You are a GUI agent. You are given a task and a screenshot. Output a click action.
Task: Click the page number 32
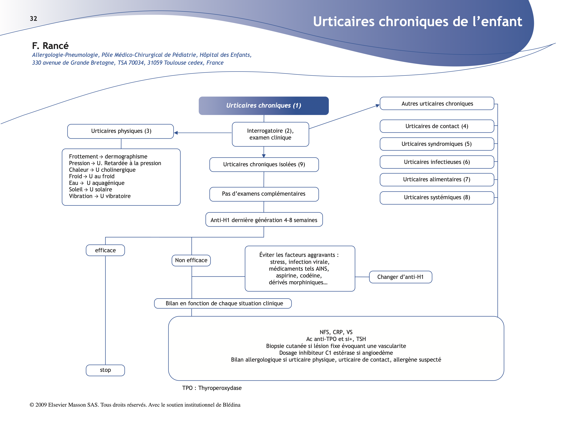tap(33, 19)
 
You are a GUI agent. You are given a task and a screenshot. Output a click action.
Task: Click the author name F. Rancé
tap(50, 46)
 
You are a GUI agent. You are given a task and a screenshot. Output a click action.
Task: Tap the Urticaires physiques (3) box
tap(121, 131)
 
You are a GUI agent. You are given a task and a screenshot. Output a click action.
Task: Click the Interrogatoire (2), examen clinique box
tap(270, 134)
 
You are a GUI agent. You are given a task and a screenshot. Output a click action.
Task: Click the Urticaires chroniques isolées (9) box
tap(264, 164)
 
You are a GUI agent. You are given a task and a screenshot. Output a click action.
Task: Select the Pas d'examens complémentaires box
tap(264, 194)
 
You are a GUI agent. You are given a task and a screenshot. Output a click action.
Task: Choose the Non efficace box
tap(191, 260)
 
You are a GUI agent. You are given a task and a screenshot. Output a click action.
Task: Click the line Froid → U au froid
tap(92, 176)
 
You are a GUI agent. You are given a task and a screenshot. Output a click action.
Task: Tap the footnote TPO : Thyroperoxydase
tap(212, 388)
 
